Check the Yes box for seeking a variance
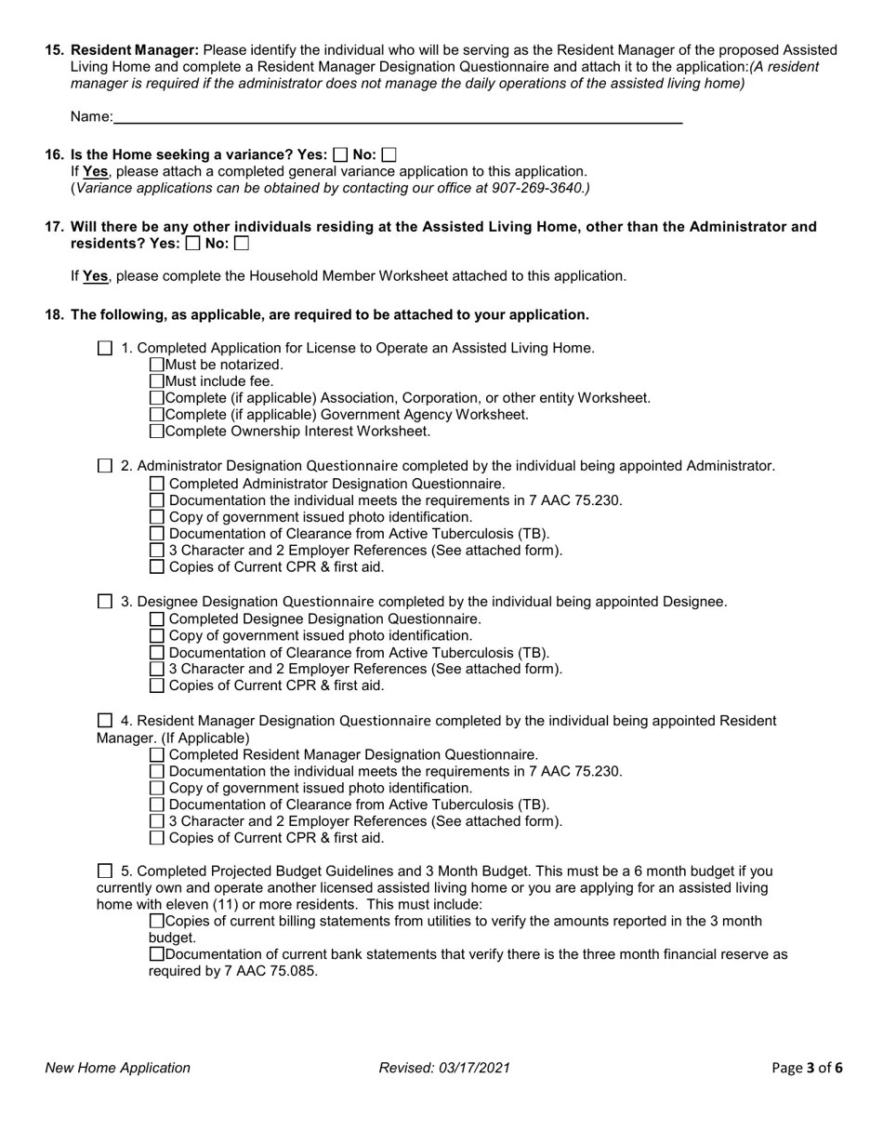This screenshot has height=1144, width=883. pyautogui.click(x=340, y=155)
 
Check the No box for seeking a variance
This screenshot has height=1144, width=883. pyautogui.click(x=389, y=155)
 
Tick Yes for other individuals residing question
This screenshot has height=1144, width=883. pyautogui.click(x=192, y=244)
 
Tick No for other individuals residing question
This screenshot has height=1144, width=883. pyautogui.click(x=242, y=244)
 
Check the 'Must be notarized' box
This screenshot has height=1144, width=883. pyautogui.click(x=156, y=365)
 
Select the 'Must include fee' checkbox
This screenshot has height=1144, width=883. pyautogui.click(x=156, y=381)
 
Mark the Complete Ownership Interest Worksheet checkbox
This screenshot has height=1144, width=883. pyautogui.click(x=156, y=432)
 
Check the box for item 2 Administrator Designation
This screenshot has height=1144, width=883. pyautogui.click(x=104, y=466)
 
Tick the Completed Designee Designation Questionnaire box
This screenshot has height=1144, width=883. pyautogui.click(x=156, y=619)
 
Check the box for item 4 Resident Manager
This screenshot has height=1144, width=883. pyautogui.click(x=104, y=721)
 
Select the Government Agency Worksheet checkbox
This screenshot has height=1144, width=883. pyautogui.click(x=156, y=415)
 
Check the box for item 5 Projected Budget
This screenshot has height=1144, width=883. pyautogui.click(x=104, y=871)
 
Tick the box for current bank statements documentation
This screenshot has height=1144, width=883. pyautogui.click(x=156, y=954)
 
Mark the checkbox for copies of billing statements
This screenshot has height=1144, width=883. pyautogui.click(x=156, y=921)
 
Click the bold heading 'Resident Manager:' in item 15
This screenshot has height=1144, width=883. pyautogui.click(x=135, y=50)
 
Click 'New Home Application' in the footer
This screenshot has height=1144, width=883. pyautogui.click(x=118, y=1068)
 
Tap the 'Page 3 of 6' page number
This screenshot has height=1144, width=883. pyautogui.click(x=807, y=1068)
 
